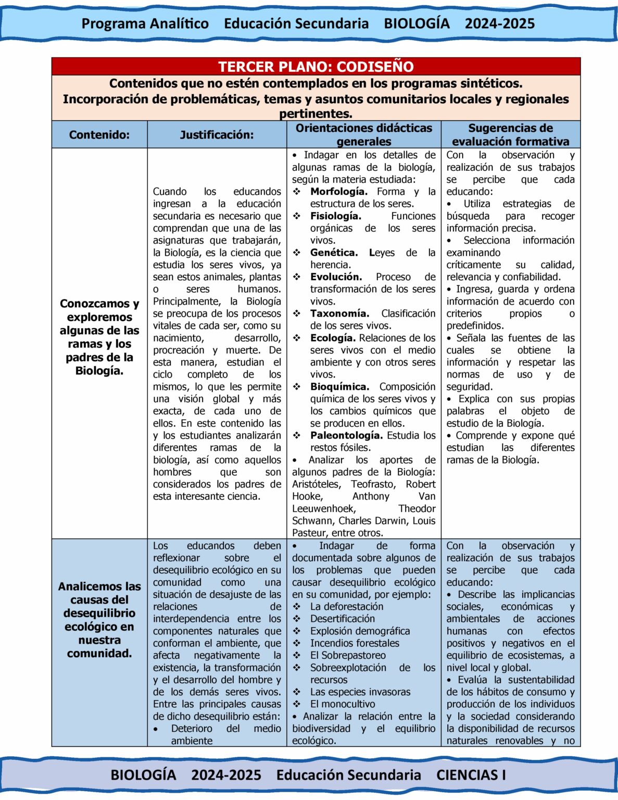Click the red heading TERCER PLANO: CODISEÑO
316,67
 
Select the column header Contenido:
99,135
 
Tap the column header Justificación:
217,135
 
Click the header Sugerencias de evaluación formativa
510,135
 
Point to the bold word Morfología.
338,192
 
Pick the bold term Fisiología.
335,216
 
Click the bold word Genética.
334,253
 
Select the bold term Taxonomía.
339,314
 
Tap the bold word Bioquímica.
339,386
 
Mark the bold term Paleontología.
346,435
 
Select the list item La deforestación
347,607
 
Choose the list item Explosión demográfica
360,631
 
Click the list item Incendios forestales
355,643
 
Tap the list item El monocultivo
343,704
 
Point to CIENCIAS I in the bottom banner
471,775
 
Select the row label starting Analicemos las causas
99,620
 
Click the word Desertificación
342,619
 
